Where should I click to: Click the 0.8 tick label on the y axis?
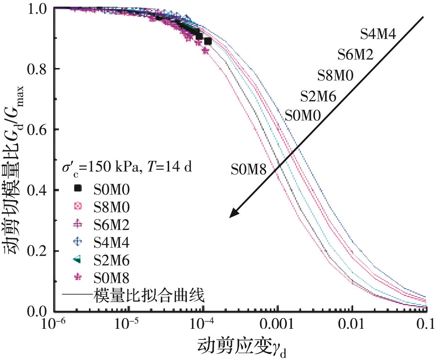pos(37,69)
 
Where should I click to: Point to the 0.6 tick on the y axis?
pos(37,130)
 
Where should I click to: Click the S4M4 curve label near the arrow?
pos(378,34)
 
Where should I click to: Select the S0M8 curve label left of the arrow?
pos(248,169)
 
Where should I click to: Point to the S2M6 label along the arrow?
pos(318,96)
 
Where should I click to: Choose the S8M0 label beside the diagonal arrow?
pos(335,75)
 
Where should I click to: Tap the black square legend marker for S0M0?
pos(77,189)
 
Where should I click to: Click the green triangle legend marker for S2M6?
pos(77,260)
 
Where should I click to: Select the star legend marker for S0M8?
pos(77,277)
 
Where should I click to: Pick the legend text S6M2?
pos(111,225)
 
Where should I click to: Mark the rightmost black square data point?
pos(208,41)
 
